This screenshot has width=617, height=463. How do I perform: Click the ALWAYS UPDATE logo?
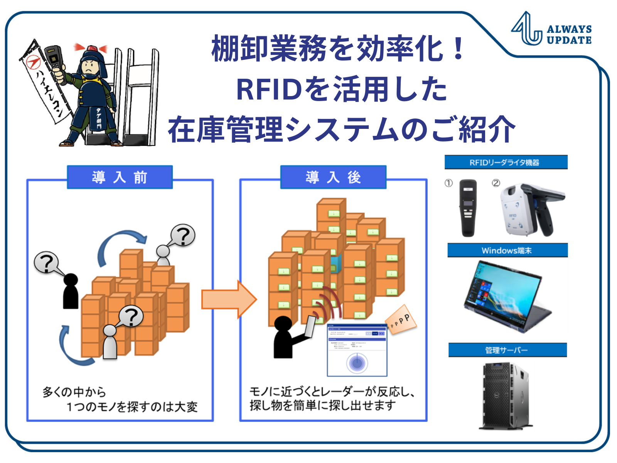[x=551, y=30]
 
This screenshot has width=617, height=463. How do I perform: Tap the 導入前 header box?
[x=120, y=177]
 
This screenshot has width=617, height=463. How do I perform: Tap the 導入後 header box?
[x=333, y=177]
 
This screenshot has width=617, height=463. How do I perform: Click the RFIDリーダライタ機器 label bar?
[x=506, y=162]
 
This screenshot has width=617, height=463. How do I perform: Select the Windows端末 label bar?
[x=507, y=250]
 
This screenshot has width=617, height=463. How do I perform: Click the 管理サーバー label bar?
[x=507, y=350]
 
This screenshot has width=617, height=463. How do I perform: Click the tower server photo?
[x=505, y=395]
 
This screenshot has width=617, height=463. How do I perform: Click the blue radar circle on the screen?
[x=357, y=363]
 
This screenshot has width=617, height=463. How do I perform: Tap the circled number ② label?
[x=496, y=183]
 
